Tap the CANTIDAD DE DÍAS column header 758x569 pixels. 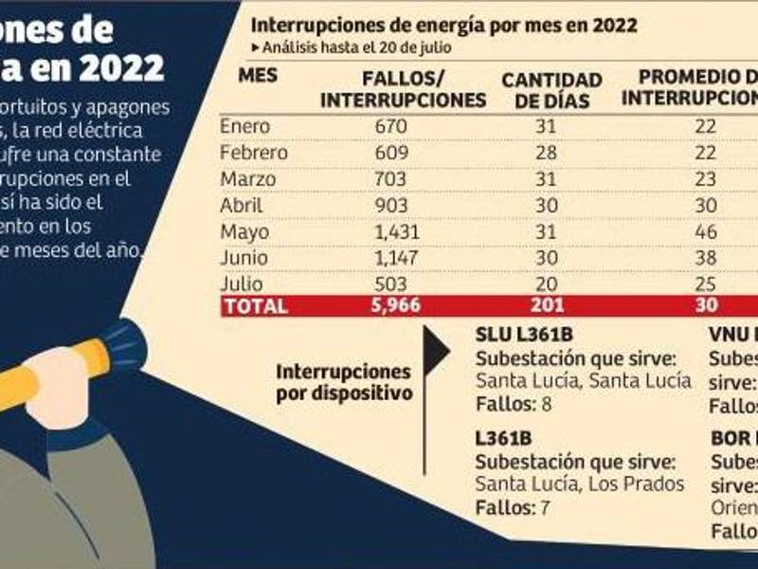(551, 90)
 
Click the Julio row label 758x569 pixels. (240, 284)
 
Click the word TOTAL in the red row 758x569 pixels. (256, 306)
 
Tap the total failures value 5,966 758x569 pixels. (392, 306)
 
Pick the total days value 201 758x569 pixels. (547, 306)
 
